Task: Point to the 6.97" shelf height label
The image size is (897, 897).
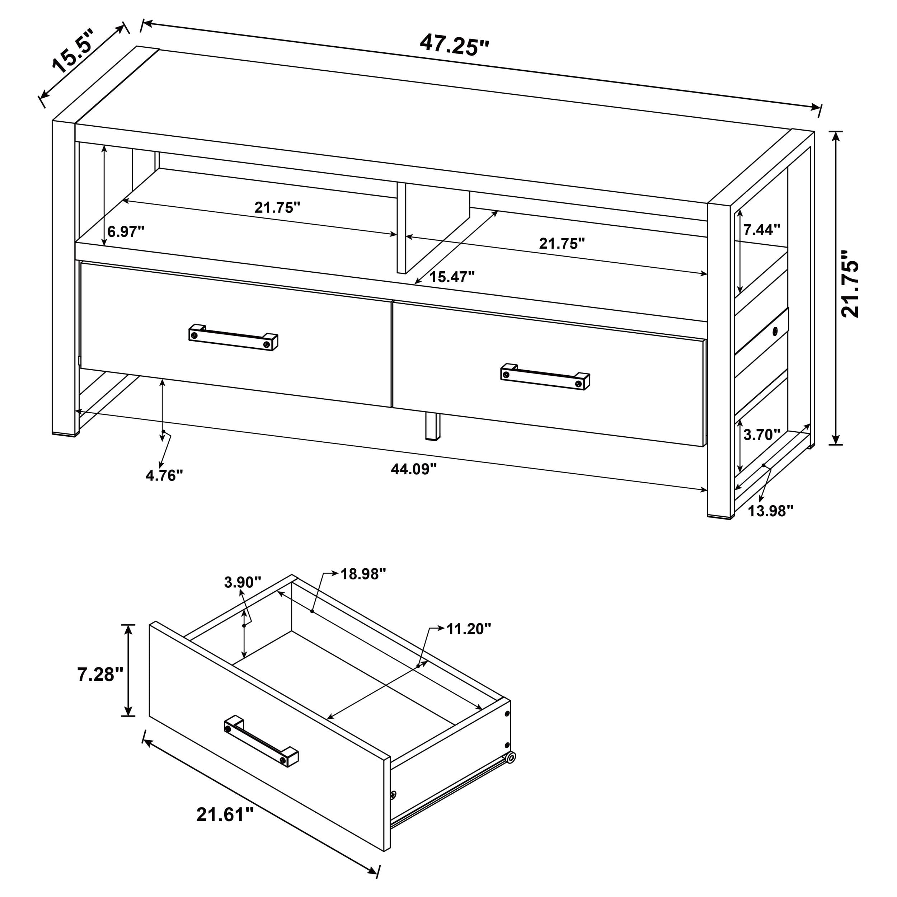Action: coord(126,231)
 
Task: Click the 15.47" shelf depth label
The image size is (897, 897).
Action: coord(451,277)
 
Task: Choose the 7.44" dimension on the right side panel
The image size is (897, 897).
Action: coord(762,229)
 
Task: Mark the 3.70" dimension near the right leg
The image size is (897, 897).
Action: coord(761,435)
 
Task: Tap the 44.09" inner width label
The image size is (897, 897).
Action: coord(414,469)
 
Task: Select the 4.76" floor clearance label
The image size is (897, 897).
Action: coord(164,475)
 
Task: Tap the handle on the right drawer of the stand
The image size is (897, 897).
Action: coord(545,376)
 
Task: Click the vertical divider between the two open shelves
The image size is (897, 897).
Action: coord(401,227)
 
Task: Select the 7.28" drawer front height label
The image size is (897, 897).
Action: coord(100,674)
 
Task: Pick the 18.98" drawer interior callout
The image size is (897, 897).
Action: coord(363,574)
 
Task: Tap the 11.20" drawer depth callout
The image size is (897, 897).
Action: coord(469,629)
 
